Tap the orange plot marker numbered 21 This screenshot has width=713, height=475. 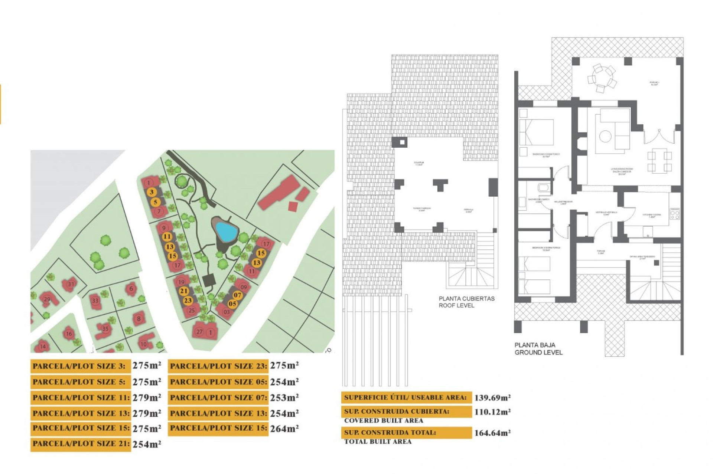(183, 291)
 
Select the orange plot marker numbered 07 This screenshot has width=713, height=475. (237, 295)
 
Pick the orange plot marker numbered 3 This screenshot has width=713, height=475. (151, 192)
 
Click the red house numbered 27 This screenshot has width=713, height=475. (199, 331)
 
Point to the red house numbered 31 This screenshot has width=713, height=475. (71, 284)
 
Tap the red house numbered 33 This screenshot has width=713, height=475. (95, 301)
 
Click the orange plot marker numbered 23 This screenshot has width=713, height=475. (188, 301)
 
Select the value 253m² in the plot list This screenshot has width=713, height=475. (284, 397)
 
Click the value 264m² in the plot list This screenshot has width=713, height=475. (284, 429)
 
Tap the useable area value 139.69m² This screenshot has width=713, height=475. (492, 398)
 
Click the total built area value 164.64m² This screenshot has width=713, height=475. (492, 433)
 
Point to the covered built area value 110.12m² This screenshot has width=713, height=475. (492, 412)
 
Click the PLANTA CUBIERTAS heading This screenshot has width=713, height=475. (466, 299)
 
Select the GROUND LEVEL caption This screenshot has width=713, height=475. (538, 353)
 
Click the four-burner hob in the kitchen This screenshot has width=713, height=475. (675, 214)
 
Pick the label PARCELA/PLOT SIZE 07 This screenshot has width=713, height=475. (218, 398)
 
